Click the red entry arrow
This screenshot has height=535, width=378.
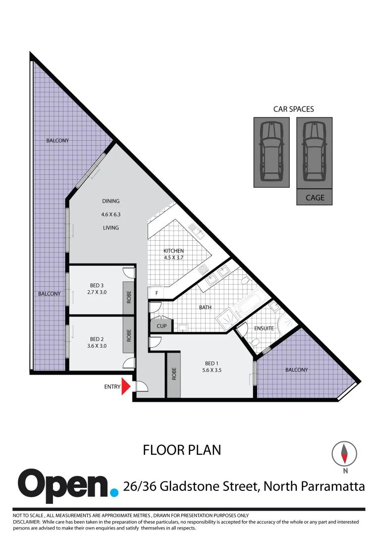point(125,387)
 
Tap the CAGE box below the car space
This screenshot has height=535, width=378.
point(315,198)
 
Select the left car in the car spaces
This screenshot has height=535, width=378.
point(271,152)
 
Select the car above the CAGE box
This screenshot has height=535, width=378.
point(315,152)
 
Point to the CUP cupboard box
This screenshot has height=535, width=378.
point(162,326)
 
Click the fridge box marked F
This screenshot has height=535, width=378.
point(157,293)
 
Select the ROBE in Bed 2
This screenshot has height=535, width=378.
point(129,336)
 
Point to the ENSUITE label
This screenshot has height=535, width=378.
point(264,328)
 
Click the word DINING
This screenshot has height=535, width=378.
point(111,201)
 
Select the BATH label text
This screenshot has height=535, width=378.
point(205,307)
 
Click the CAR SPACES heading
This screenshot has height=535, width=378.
point(293,109)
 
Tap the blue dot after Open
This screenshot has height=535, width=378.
point(114,492)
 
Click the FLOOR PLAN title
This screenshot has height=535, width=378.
point(182,450)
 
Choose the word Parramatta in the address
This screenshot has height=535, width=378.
point(330,486)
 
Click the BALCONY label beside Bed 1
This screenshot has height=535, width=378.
point(296,370)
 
